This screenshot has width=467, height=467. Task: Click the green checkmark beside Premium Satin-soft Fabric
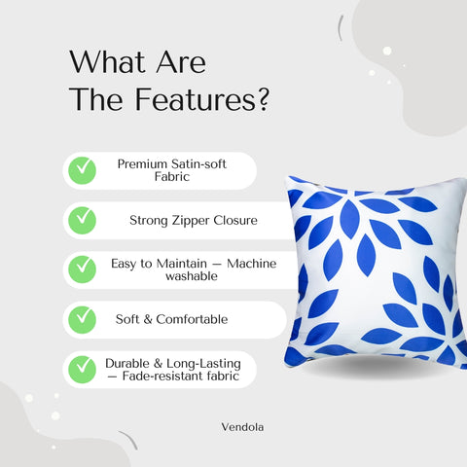[81, 170]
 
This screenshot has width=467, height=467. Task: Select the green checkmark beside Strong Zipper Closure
[81, 220]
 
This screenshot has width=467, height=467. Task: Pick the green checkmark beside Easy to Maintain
[81, 269]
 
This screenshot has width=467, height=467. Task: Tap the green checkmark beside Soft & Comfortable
[81, 318]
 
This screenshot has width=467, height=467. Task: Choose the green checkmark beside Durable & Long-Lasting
[81, 369]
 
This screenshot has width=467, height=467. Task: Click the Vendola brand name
[241, 425]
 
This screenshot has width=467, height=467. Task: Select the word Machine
[251, 263]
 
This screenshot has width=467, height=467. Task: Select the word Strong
[149, 220]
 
